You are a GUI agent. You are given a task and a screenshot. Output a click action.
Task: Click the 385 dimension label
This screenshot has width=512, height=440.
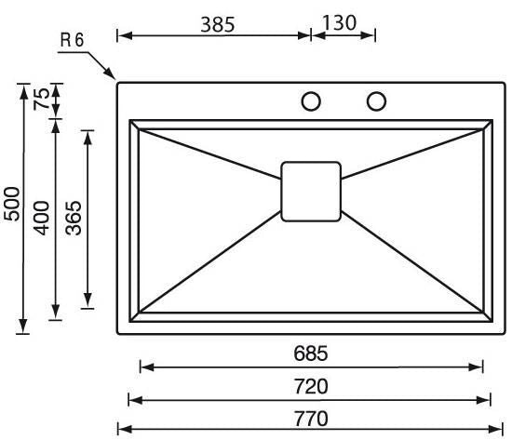pos(218,24)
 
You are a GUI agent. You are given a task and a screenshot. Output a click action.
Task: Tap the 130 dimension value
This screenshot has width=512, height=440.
pos(339,23)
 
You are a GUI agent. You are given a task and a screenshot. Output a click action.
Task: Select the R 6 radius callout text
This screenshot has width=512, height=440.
pos(73,40)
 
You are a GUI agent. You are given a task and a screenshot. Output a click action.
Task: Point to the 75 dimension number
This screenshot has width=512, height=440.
pos(42,99)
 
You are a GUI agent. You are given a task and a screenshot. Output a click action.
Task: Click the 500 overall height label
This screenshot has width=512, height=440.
pos(12,204)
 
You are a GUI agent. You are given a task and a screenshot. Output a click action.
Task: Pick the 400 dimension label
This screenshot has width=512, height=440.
pos(42,218)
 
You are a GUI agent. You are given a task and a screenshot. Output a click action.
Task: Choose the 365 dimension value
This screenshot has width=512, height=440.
pos(74,218)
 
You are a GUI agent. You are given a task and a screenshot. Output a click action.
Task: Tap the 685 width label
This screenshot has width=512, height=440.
pos(310,353)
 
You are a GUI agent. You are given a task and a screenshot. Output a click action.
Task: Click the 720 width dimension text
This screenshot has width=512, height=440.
pos(311,386)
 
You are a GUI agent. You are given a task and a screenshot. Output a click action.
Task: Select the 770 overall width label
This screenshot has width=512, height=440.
pos(311,419)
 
